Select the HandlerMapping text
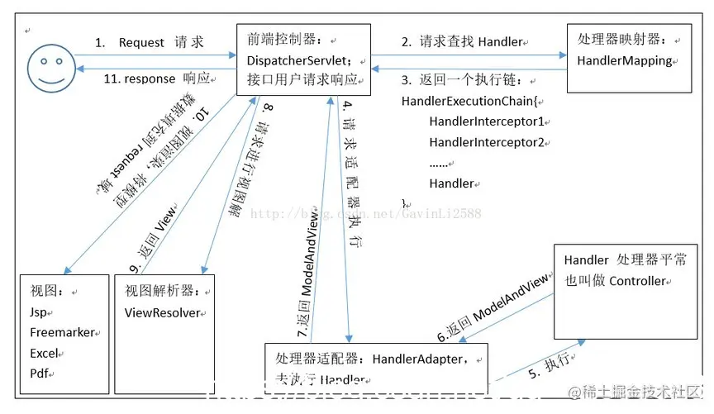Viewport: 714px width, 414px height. (x=625, y=60)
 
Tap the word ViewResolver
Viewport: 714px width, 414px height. (x=164, y=313)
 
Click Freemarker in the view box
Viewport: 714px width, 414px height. (x=62, y=333)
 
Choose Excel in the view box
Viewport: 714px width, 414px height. (x=46, y=353)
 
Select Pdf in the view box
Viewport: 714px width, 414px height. (x=40, y=373)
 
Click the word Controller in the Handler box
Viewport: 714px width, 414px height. (x=636, y=281)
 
